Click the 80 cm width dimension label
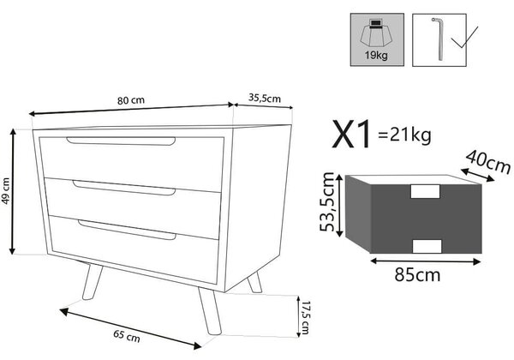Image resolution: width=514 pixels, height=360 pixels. (x=131, y=100)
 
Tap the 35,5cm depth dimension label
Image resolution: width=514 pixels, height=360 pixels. (x=265, y=98)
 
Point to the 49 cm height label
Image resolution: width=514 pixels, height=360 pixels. (x=6, y=191)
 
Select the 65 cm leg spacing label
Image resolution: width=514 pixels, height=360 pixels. (x=127, y=336)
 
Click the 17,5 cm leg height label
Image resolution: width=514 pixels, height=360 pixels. (x=305, y=317)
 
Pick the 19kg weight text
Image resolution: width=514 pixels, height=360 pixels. (x=376, y=55)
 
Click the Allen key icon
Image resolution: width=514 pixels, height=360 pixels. (x=439, y=39)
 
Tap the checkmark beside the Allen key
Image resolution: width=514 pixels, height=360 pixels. (x=464, y=37)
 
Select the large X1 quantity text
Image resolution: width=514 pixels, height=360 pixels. (x=352, y=135)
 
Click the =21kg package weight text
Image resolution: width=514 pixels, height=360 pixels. (x=404, y=135)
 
